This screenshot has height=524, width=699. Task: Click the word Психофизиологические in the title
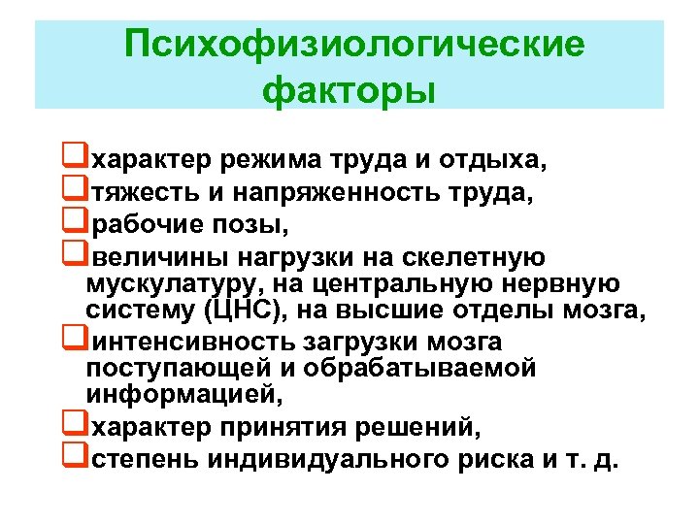[x=355, y=44]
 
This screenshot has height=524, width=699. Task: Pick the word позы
[x=259, y=226]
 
